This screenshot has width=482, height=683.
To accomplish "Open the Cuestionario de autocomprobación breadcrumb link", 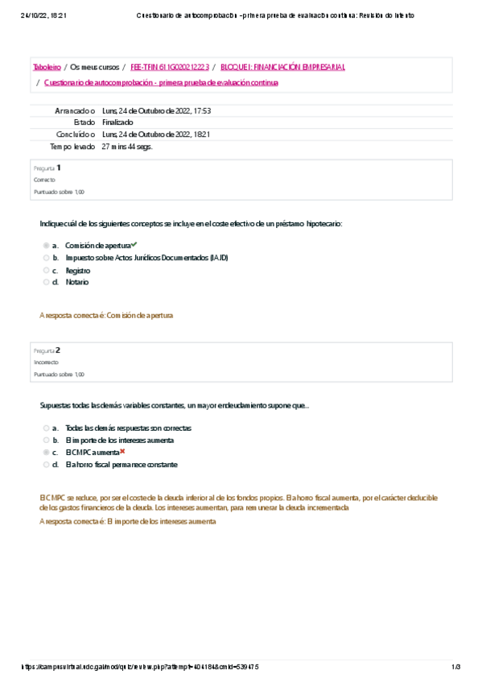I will pyautogui.click(x=161, y=82).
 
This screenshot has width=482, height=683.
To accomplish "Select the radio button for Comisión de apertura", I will pyautogui.click(x=47, y=245).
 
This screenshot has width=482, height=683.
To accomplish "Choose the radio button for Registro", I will pyautogui.click(x=47, y=270).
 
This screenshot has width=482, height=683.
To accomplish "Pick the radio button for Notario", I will pyautogui.click(x=47, y=282).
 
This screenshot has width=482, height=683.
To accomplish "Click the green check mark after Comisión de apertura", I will pyautogui.click(x=134, y=244).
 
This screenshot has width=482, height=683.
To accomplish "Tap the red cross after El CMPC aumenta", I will pyautogui.click(x=122, y=452).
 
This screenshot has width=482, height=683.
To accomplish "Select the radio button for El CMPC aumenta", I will pyautogui.click(x=47, y=453).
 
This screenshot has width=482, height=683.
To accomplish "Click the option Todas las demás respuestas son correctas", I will pyautogui.click(x=128, y=428).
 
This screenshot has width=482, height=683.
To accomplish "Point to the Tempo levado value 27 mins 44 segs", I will pyautogui.click(x=127, y=147).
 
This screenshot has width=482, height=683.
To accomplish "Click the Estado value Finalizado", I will pyautogui.click(x=117, y=122).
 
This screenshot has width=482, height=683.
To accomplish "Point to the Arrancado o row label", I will pyautogui.click(x=74, y=110).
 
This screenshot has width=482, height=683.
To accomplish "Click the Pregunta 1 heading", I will pyautogui.click(x=47, y=168).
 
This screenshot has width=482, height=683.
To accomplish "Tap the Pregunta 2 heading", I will pyautogui.click(x=47, y=350).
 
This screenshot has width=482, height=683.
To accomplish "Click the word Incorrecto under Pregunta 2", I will pyautogui.click(x=45, y=362).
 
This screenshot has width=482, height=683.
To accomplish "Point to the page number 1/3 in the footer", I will pyautogui.click(x=455, y=667).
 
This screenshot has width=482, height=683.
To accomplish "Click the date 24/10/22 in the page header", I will pyautogui.click(x=36, y=15).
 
